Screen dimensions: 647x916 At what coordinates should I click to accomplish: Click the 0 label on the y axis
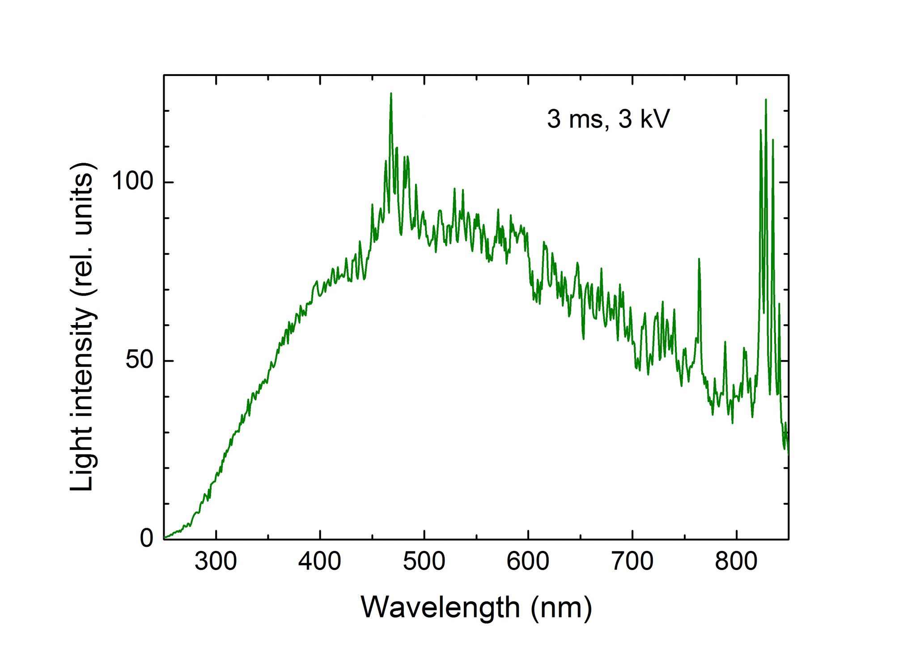pos(147,539)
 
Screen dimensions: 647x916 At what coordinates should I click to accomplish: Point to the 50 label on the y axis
pos(140,360)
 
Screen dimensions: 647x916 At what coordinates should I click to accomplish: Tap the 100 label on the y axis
pos(132,182)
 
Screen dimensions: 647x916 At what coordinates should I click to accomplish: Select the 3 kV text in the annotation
pos(644,119)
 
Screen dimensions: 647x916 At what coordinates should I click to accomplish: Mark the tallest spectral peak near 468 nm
pos(391,94)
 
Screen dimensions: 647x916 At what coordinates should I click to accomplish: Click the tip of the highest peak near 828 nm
pos(766,100)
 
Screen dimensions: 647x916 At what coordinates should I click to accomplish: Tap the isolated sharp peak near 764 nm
pos(699,259)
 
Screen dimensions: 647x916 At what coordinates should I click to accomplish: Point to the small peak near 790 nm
pos(725,343)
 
